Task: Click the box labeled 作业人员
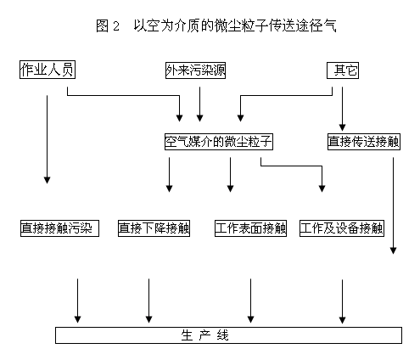coord(48,70)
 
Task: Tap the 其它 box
coord(344,70)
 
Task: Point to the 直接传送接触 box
coord(363,141)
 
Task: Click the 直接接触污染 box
coord(60,228)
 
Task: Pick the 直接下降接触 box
coord(155,228)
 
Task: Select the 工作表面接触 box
coord(251,228)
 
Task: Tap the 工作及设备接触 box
coord(342,228)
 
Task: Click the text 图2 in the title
coord(108,26)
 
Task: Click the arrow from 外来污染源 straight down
coord(199,102)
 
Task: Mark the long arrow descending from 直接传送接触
coord(394,204)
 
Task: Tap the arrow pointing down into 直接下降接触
coord(169,174)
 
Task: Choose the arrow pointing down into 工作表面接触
coord(230,174)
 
